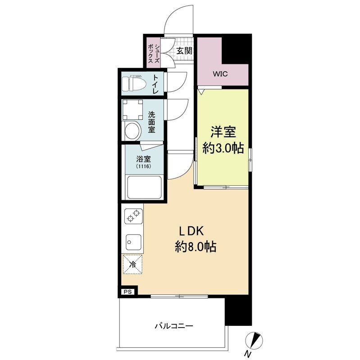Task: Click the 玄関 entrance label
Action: click(x=184, y=50)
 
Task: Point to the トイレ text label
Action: click(x=156, y=83)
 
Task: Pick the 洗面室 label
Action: click(x=152, y=121)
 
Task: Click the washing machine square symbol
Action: click(x=132, y=109)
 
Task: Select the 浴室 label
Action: click(x=144, y=158)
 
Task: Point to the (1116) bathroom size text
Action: click(x=144, y=166)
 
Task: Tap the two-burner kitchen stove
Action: click(x=132, y=216)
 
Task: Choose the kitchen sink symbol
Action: click(x=132, y=243)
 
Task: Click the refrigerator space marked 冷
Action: click(x=132, y=264)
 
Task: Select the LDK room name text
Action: click(x=193, y=232)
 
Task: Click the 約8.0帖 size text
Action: click(x=195, y=247)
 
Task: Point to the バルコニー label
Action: click(x=174, y=325)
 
